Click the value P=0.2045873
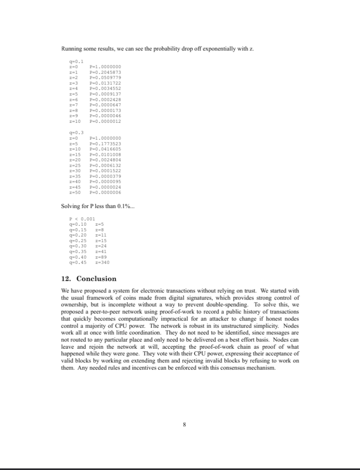click(x=105, y=72)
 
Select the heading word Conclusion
click(x=96, y=279)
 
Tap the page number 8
click(x=184, y=425)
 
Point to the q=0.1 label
click(x=76, y=61)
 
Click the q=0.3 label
click(x=76, y=133)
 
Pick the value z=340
click(x=103, y=262)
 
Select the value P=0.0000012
click(x=105, y=121)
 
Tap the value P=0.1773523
click(x=105, y=143)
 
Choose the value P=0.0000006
click(x=105, y=193)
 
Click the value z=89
click(x=101, y=257)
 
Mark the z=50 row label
click(x=75, y=193)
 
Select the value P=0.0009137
click(x=105, y=94)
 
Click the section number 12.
click(x=66, y=279)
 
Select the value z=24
click(x=101, y=246)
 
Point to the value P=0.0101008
click(x=105, y=154)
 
